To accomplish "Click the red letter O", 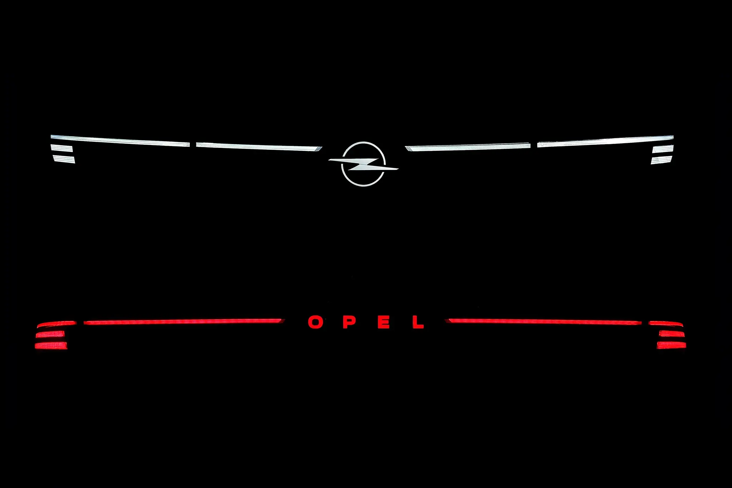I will (316, 322).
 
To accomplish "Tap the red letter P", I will (350, 322).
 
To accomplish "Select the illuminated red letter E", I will (384, 322).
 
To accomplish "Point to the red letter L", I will (417, 322).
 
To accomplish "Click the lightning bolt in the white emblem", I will (363, 164).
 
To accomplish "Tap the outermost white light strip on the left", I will (120, 140).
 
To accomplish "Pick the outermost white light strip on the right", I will (605, 141).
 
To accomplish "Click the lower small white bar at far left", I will (64, 159).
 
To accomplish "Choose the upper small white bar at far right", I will (663, 149).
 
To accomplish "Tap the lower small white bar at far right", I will (661, 160).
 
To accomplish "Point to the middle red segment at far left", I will (50, 334).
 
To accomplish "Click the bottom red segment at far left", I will (51, 345).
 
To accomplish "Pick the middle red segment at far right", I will (672, 334).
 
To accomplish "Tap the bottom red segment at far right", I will (671, 345).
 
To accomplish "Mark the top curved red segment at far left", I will (56, 324).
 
